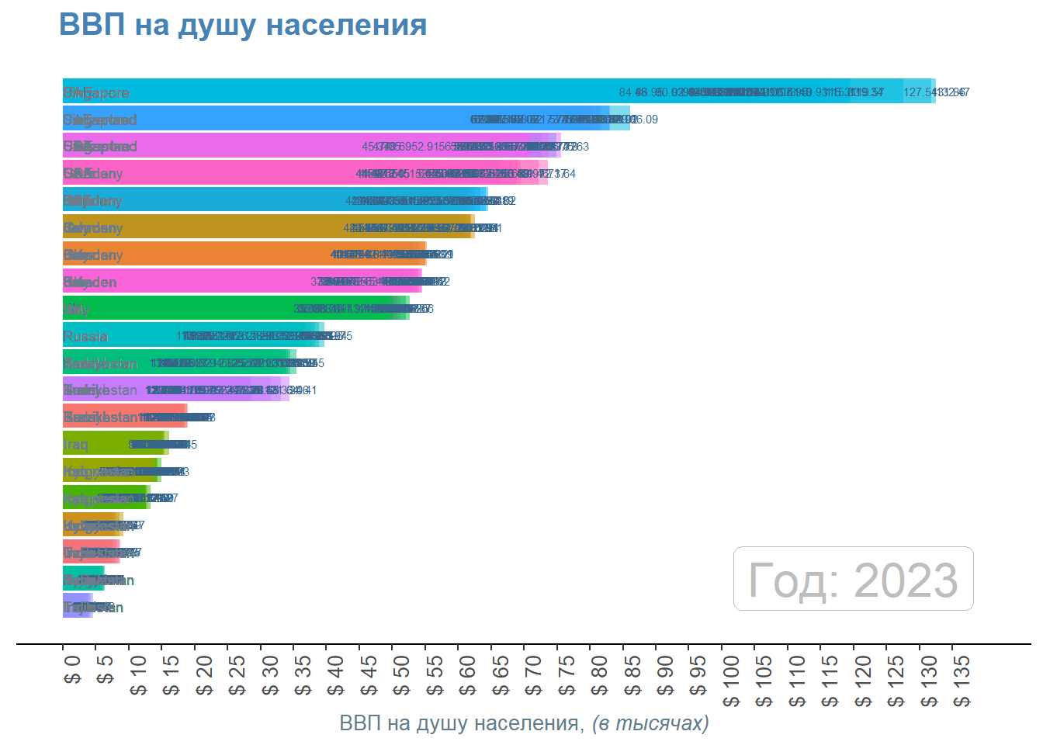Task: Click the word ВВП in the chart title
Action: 92,25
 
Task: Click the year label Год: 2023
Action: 853,580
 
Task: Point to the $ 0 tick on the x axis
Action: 72,671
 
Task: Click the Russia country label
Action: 85,336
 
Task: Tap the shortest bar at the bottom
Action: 78,606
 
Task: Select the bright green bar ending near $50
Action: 233,308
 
